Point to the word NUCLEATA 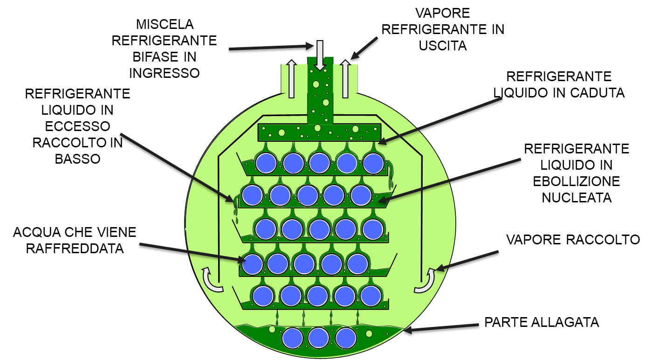pos(577,197)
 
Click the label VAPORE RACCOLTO pos(573,240)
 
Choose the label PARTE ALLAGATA pos(541,322)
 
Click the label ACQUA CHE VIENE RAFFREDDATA pos(75,240)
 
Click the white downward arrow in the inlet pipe pos(319,55)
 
